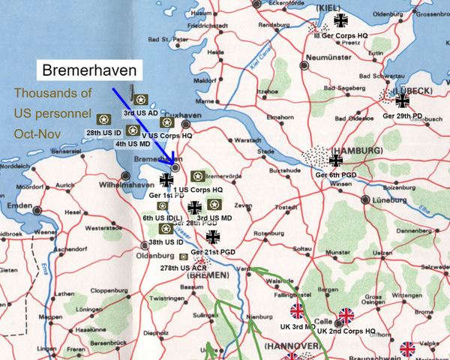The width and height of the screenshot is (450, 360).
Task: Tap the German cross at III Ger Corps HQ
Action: (x=341, y=20)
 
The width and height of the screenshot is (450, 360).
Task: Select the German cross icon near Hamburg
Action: (x=336, y=160)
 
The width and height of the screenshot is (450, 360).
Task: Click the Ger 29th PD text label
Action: (x=403, y=115)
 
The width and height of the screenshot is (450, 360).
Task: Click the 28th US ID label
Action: (x=103, y=132)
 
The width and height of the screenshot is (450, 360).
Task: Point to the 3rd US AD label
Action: (x=139, y=112)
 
